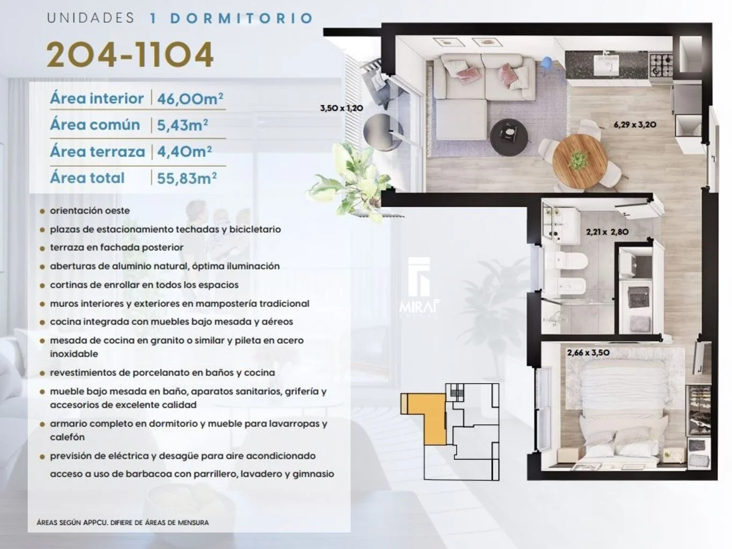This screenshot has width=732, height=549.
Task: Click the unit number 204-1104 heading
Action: tap(129, 54)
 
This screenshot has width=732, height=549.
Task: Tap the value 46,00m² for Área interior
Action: tap(190, 99)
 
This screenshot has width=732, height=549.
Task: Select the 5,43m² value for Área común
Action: tap(182, 125)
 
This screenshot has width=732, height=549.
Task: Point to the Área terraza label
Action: tap(98, 151)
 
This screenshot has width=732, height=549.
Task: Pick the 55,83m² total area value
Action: tap(187, 178)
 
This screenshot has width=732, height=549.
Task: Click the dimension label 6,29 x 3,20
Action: tap(635, 125)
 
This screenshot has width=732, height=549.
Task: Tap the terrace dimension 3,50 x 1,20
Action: tap(342, 108)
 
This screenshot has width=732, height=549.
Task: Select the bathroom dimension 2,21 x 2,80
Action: tap(607, 232)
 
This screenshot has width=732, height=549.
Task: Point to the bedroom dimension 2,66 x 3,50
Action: tap(588, 353)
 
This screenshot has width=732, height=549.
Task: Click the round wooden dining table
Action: tap(579, 161)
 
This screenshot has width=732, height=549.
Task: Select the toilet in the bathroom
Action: tap(571, 261)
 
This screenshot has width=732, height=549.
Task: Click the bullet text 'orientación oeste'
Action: tap(90, 210)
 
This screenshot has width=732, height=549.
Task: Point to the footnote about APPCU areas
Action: tap(123, 523)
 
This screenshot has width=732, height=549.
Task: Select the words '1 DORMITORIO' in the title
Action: tap(232, 18)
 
